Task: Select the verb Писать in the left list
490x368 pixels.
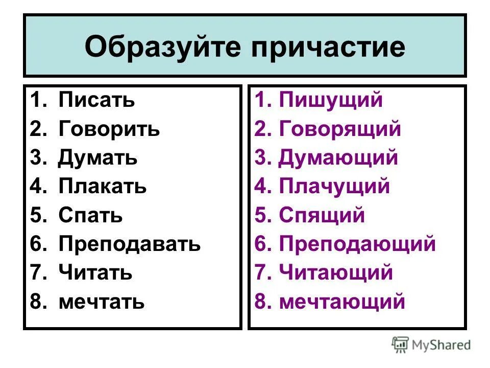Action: coord(96,100)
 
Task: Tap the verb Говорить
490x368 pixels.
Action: coord(109,129)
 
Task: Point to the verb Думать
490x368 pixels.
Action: coord(97,157)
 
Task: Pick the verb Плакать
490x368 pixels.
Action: coord(103,187)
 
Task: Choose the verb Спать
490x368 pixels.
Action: coord(90,215)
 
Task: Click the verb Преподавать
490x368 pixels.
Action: coord(130,244)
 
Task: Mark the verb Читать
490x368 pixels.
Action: coord(95,273)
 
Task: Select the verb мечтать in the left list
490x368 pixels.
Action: coord(102,302)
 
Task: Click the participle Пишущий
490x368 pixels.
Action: coord(331,100)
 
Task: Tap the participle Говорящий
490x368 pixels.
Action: coord(340,129)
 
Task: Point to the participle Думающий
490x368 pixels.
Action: coord(338,157)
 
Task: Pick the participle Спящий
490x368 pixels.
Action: coord(322,215)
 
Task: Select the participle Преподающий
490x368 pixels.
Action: coord(357,244)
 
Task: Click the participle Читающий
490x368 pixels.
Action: coord(336,273)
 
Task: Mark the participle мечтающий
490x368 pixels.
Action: coord(342,302)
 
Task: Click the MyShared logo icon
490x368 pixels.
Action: coord(400,345)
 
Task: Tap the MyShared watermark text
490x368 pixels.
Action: coord(441,346)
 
